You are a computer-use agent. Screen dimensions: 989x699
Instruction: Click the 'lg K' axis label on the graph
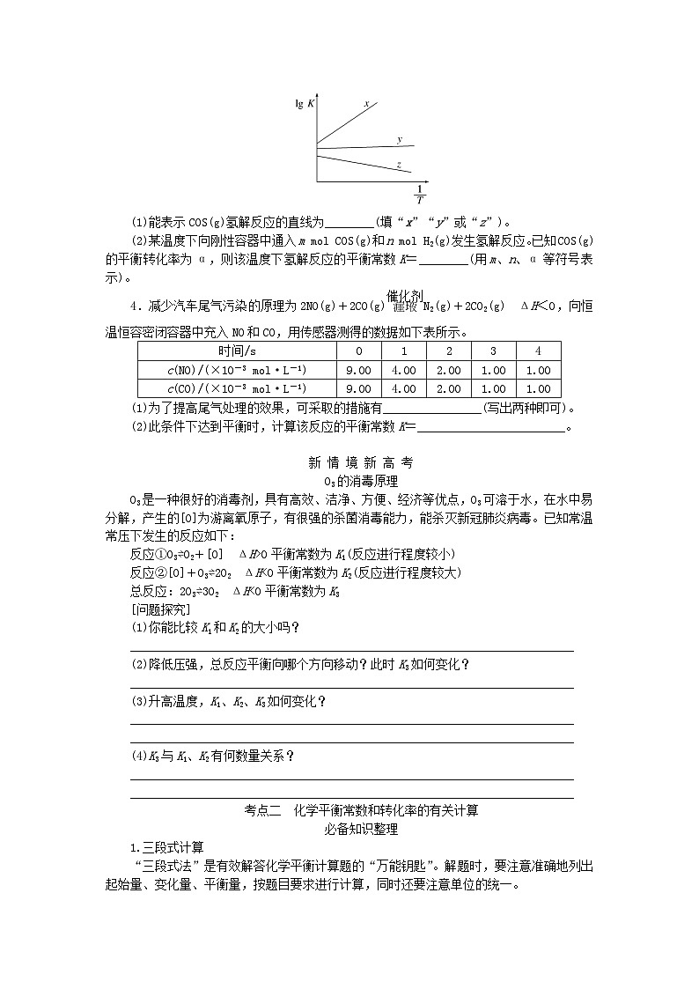(x=305, y=104)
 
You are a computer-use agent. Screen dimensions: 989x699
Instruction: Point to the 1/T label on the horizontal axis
(x=419, y=194)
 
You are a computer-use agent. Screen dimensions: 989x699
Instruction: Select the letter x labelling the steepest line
(x=366, y=105)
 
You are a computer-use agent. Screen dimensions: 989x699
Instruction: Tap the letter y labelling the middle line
(x=399, y=140)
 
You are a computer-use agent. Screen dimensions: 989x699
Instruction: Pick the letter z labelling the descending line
(x=399, y=165)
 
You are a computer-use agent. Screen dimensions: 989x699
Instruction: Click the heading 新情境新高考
(x=349, y=462)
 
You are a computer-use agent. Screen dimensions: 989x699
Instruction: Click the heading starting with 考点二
(x=349, y=810)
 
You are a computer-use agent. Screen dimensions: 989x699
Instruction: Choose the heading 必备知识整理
(x=349, y=829)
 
